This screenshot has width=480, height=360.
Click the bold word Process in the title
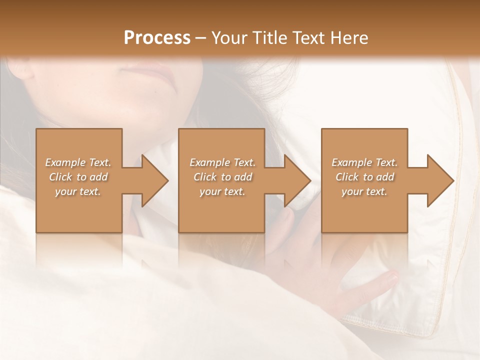(x=157, y=38)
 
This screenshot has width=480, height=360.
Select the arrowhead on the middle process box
(x=296, y=180)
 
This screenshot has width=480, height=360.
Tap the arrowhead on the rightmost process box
(x=439, y=180)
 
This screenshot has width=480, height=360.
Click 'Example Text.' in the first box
(x=78, y=162)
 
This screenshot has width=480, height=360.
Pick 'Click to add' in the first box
(x=78, y=177)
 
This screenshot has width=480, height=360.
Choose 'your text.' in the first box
(x=78, y=191)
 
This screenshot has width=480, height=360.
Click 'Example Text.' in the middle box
(x=222, y=162)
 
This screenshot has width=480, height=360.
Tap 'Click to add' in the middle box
(x=222, y=177)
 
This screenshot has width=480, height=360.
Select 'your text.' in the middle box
(x=222, y=191)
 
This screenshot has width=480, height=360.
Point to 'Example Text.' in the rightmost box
(x=364, y=162)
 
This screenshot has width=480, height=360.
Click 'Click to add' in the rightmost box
(x=364, y=177)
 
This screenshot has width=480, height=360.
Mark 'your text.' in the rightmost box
(x=364, y=191)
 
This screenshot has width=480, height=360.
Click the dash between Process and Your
(x=201, y=38)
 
